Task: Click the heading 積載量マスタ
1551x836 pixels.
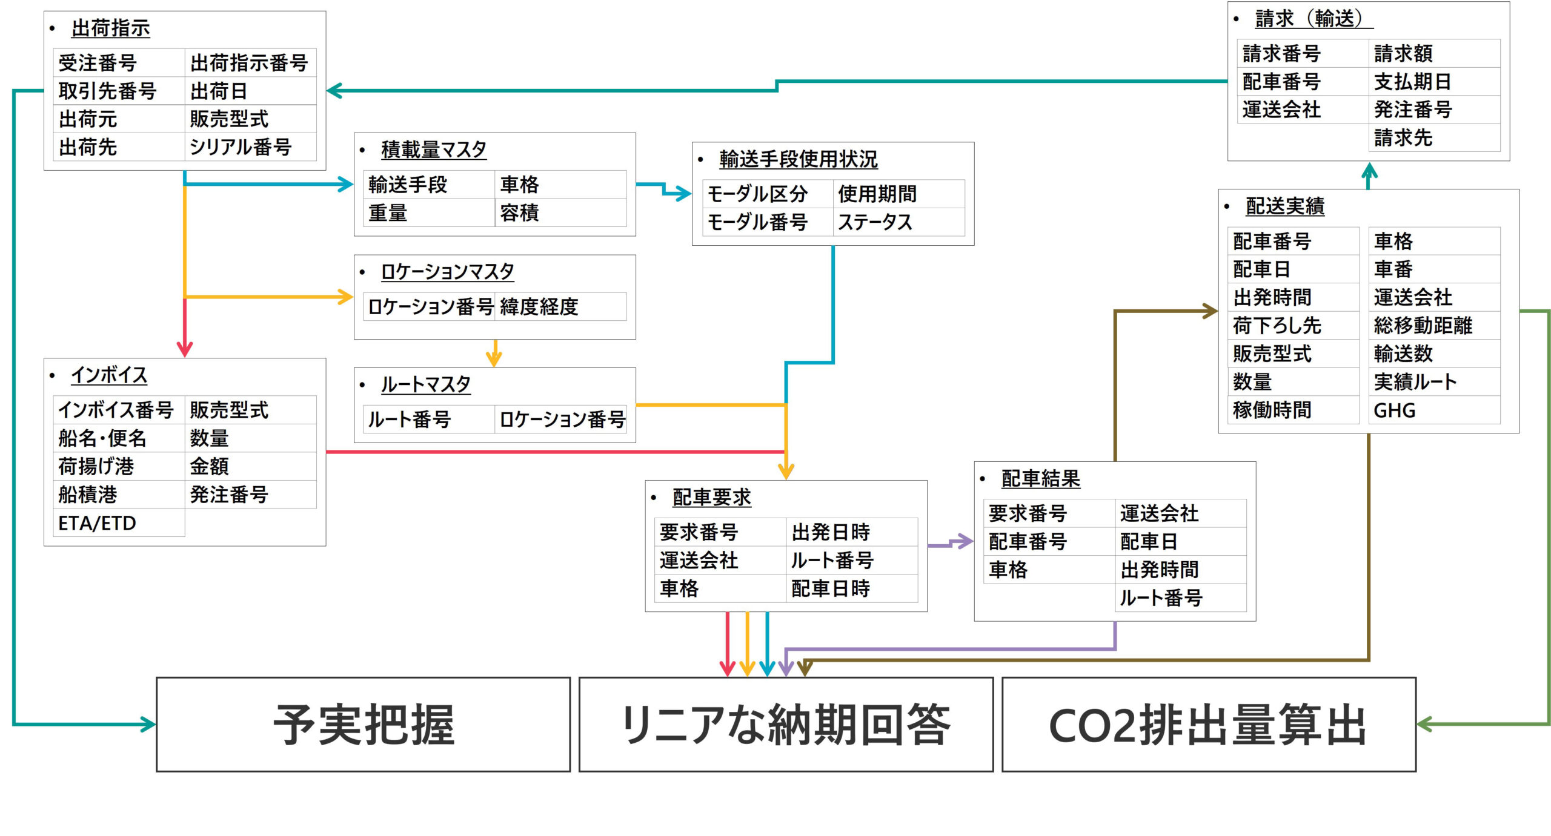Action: coord(433,150)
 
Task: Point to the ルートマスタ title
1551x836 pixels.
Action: coord(425,384)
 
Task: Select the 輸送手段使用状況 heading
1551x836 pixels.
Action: coord(798,159)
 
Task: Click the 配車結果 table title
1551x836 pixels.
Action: coord(1040,479)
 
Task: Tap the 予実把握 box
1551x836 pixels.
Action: coord(363,724)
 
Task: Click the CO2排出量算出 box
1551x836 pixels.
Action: coord(1208,724)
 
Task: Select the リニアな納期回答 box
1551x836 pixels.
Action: coord(786,724)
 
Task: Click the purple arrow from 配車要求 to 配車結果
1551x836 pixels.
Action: coord(950,542)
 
